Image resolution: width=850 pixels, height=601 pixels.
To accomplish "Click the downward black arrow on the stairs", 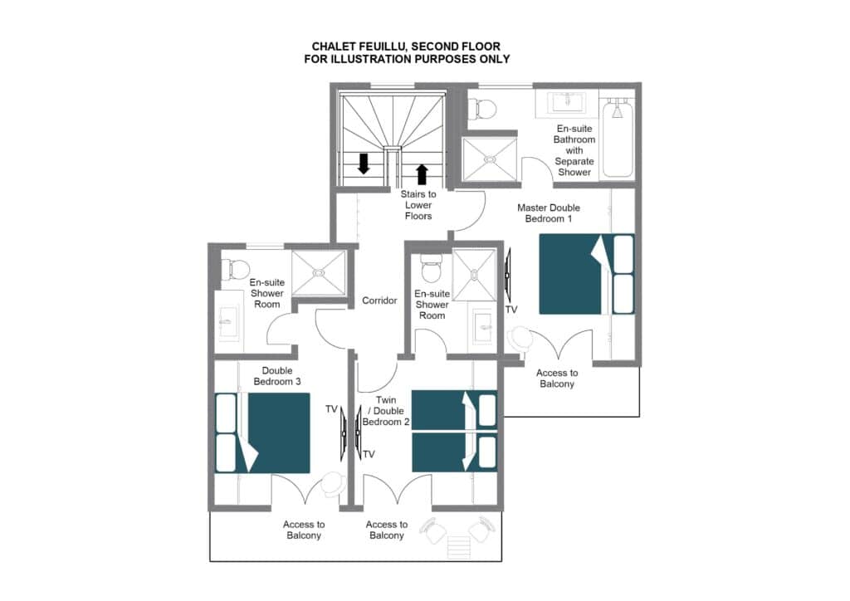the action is coord(364,164).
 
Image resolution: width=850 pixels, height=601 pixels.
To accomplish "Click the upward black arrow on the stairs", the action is coord(422,174).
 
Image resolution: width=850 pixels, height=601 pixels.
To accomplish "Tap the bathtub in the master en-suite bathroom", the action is coord(618,138).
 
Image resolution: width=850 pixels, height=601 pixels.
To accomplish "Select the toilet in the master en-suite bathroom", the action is coord(482,109).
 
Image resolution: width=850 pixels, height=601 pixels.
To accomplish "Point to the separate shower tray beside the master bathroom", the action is coord(490,159).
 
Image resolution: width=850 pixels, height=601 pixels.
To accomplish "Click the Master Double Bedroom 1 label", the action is coord(549,213).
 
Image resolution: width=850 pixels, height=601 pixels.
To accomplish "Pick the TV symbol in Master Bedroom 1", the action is coord(507,275).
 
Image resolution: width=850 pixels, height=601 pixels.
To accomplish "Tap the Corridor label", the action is coord(379,300).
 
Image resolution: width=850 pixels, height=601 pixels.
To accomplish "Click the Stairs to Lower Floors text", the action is coord(418,205).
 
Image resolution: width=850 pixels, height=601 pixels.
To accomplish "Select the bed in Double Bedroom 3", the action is coord(262,433).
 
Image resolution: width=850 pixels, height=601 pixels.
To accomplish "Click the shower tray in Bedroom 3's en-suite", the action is coord(319,272).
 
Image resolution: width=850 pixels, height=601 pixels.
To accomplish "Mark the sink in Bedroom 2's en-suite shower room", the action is coord(483,327).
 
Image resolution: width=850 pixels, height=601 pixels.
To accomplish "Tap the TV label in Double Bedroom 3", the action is coord(331,409).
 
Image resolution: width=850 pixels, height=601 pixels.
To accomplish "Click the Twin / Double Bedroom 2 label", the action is coord(386,411).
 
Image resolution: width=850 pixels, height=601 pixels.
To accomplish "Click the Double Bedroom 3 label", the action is coord(277,376).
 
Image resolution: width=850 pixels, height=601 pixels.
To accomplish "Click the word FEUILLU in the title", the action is coord(379,46).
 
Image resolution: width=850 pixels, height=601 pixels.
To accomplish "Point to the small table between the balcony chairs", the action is coord(458,546).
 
